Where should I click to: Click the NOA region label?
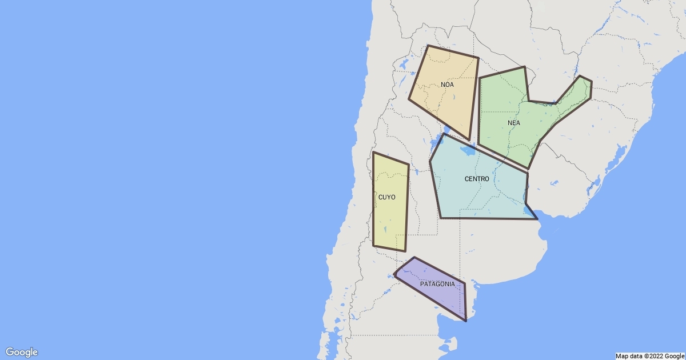[447, 85]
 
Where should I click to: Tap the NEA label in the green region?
[513, 123]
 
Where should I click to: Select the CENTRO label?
[476, 179]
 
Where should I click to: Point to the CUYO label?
[386, 197]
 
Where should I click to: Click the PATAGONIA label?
[437, 284]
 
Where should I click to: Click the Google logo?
[22, 352]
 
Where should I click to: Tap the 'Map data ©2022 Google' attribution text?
[649, 355]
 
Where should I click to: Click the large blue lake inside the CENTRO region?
[468, 152]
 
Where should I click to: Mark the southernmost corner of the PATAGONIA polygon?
[466, 321]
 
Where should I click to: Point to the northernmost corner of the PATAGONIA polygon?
[414, 258]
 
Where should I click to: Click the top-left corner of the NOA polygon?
[428, 46]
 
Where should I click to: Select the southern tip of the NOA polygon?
[469, 140]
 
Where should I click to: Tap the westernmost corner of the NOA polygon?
[409, 99]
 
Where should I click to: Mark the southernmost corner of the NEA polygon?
[528, 169]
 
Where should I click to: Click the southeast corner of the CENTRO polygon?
[537, 219]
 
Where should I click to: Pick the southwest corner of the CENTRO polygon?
[441, 218]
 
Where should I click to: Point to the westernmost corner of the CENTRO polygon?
[430, 162]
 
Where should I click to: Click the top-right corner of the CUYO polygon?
[408, 165]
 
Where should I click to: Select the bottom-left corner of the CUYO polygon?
[373, 245]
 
